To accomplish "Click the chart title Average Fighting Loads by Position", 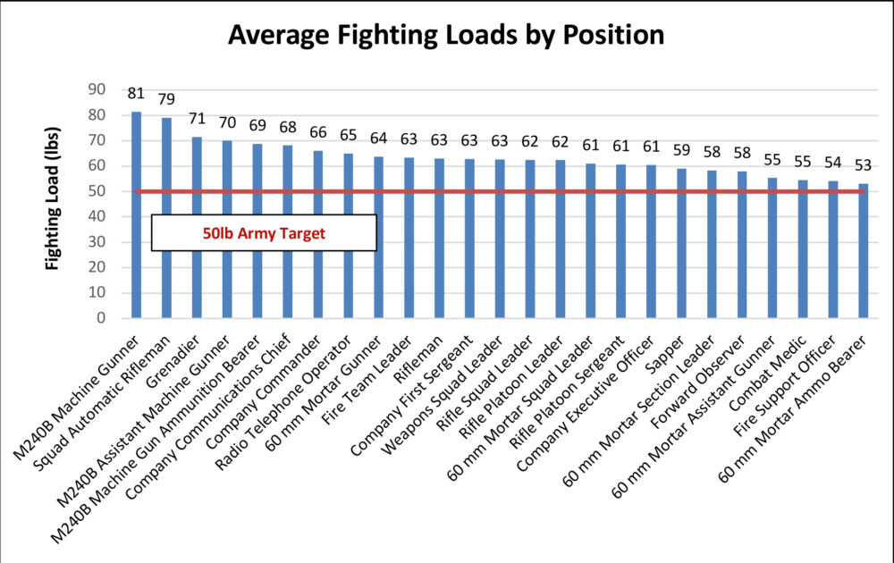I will click(446, 35).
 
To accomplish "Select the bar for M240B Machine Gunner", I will click(136, 214).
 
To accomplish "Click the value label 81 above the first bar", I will click(136, 93).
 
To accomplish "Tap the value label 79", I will click(166, 98).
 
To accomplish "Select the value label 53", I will click(863, 164).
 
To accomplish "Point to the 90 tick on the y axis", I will click(96, 89).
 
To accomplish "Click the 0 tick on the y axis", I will click(101, 317).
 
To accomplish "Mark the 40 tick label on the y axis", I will click(96, 216).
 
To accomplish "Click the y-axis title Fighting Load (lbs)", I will click(55, 204).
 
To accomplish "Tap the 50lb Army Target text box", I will click(263, 232).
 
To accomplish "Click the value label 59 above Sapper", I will click(681, 149).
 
